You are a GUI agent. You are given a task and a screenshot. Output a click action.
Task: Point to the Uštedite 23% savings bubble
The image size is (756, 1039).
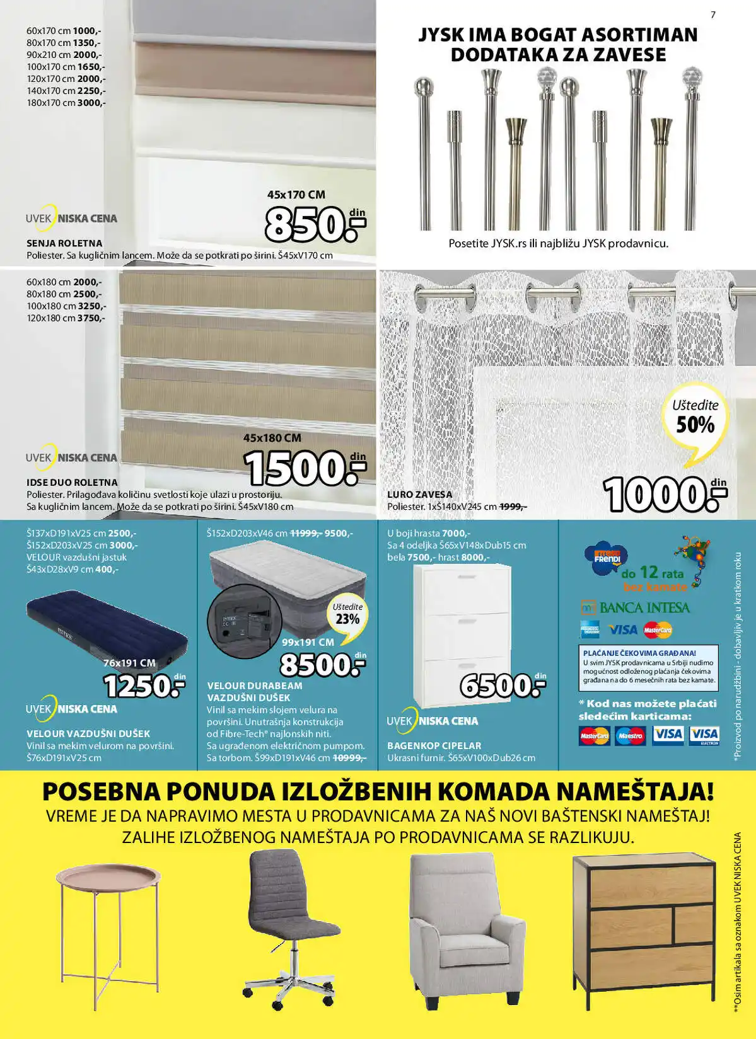pyautogui.click(x=347, y=614)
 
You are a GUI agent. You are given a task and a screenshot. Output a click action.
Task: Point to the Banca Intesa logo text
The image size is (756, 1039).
pyautogui.click(x=644, y=608)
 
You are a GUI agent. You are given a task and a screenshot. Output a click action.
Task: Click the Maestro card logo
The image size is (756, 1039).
pyautogui.click(x=630, y=735)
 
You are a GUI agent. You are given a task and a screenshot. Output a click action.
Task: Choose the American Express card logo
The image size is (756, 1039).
pyautogui.click(x=590, y=629)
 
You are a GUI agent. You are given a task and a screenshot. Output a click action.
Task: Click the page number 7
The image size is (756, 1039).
pyautogui.click(x=713, y=14)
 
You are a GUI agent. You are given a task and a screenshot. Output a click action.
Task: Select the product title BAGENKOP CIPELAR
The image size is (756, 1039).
pyautogui.click(x=434, y=745)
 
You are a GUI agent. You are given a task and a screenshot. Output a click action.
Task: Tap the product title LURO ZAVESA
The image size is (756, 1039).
pyautogui.click(x=419, y=495)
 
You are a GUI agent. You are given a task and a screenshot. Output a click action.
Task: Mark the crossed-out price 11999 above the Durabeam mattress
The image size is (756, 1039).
pyautogui.click(x=305, y=533)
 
